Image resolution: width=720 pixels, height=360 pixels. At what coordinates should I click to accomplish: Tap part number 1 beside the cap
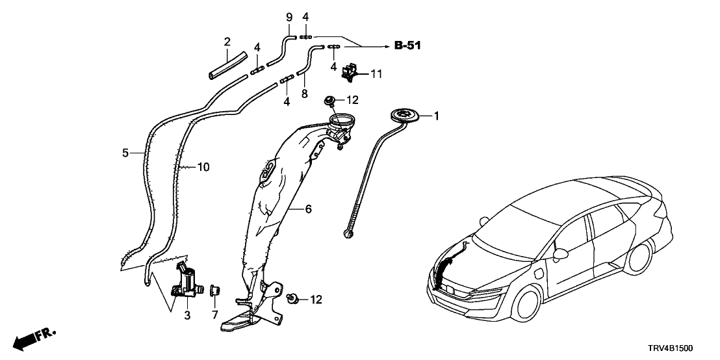pyautogui.click(x=437, y=116)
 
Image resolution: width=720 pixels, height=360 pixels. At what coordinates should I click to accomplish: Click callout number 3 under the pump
pyautogui.click(x=186, y=315)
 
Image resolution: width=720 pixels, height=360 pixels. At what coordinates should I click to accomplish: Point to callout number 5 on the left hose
pyautogui.click(x=126, y=153)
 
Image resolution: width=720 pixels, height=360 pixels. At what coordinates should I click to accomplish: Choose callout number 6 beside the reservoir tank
pyautogui.click(x=309, y=209)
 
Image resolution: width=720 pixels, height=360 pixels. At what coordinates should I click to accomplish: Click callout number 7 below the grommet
pyautogui.click(x=216, y=315)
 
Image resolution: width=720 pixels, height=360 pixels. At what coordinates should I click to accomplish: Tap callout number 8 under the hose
pyautogui.click(x=303, y=94)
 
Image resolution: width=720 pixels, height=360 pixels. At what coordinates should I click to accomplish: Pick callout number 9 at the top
pyautogui.click(x=289, y=16)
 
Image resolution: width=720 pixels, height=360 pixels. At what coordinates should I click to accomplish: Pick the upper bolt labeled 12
pyautogui.click(x=329, y=100)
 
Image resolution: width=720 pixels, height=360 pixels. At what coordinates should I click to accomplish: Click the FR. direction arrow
pyautogui.click(x=32, y=338)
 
